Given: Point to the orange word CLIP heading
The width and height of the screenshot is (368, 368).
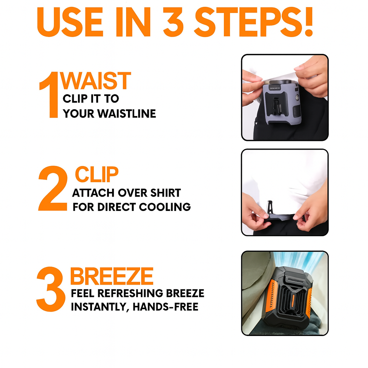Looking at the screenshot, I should (x=96, y=175).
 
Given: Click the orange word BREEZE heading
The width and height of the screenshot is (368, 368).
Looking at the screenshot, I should (x=112, y=277).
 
